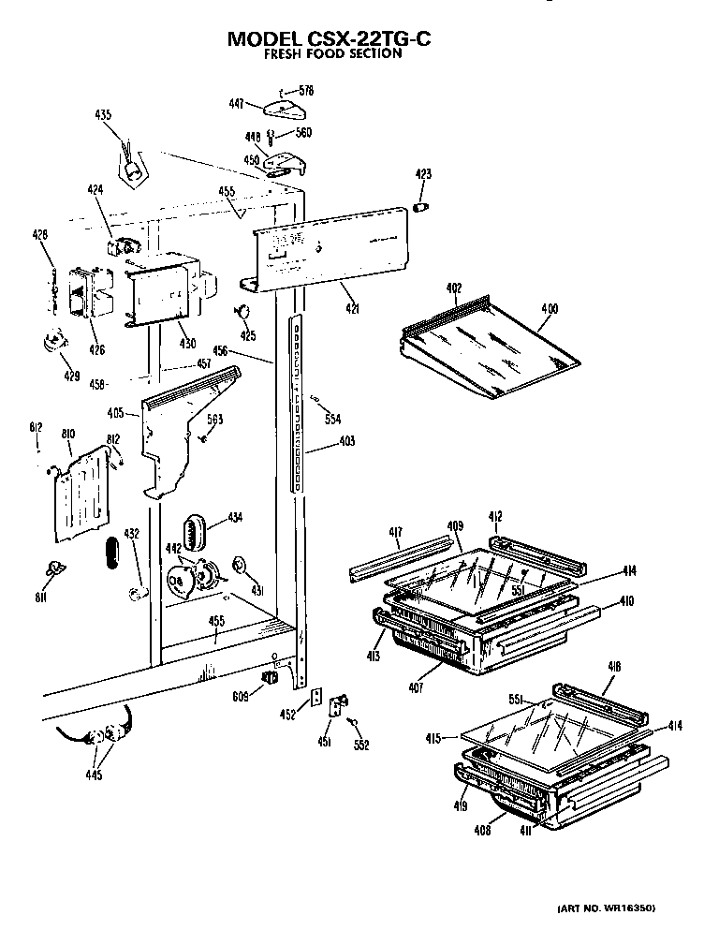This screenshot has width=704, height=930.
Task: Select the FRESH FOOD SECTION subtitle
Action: (330, 54)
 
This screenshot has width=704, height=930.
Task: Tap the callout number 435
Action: (103, 115)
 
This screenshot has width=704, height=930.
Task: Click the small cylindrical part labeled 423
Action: (421, 205)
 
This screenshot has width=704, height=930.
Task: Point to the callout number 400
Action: (549, 308)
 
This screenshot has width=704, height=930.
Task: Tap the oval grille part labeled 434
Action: (195, 534)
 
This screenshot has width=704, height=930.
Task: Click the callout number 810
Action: (68, 435)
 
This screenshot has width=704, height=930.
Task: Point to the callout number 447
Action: (237, 104)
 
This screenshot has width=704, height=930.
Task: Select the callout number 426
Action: (97, 350)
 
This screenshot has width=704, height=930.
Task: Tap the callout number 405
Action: (116, 411)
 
